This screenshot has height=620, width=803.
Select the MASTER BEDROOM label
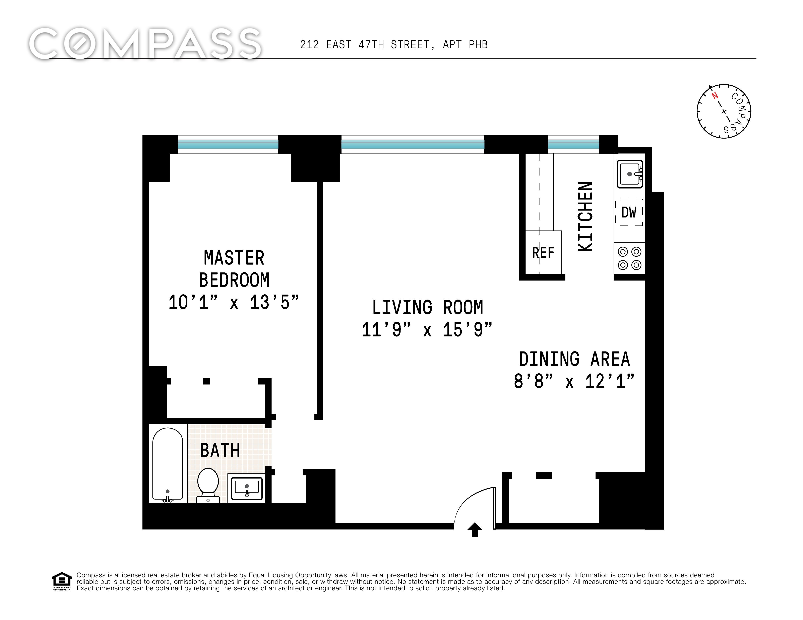pyautogui.click(x=234, y=269)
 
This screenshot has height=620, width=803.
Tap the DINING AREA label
pyautogui.click(x=574, y=359)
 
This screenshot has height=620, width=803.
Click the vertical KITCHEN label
pyautogui.click(x=585, y=217)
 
